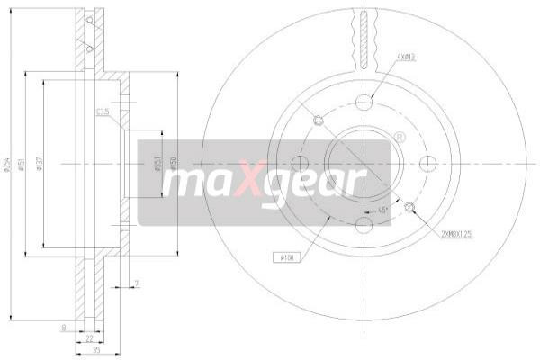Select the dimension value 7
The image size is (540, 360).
135,284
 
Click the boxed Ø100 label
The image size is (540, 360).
286,258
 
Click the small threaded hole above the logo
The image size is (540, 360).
319,121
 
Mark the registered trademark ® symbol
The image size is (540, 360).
400,138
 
